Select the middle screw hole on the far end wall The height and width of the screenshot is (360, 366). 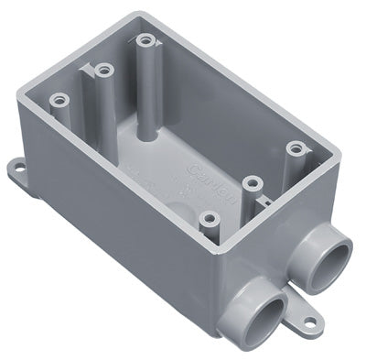click(102, 69)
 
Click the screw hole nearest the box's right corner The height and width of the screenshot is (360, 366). click(294, 147)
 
